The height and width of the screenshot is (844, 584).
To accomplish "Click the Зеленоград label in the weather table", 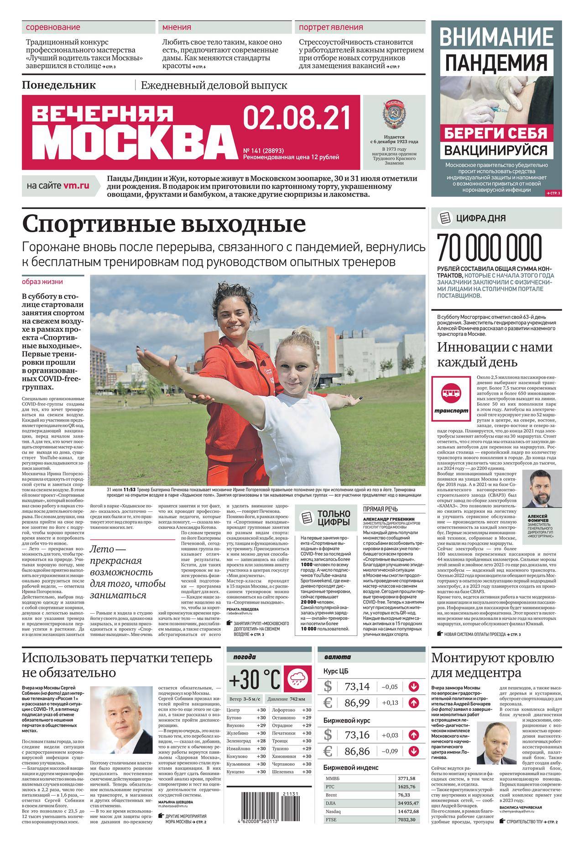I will [239, 741].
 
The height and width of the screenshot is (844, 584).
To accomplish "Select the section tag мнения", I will [177, 27].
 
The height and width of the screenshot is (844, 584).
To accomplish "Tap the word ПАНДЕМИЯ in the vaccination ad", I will [496, 63].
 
